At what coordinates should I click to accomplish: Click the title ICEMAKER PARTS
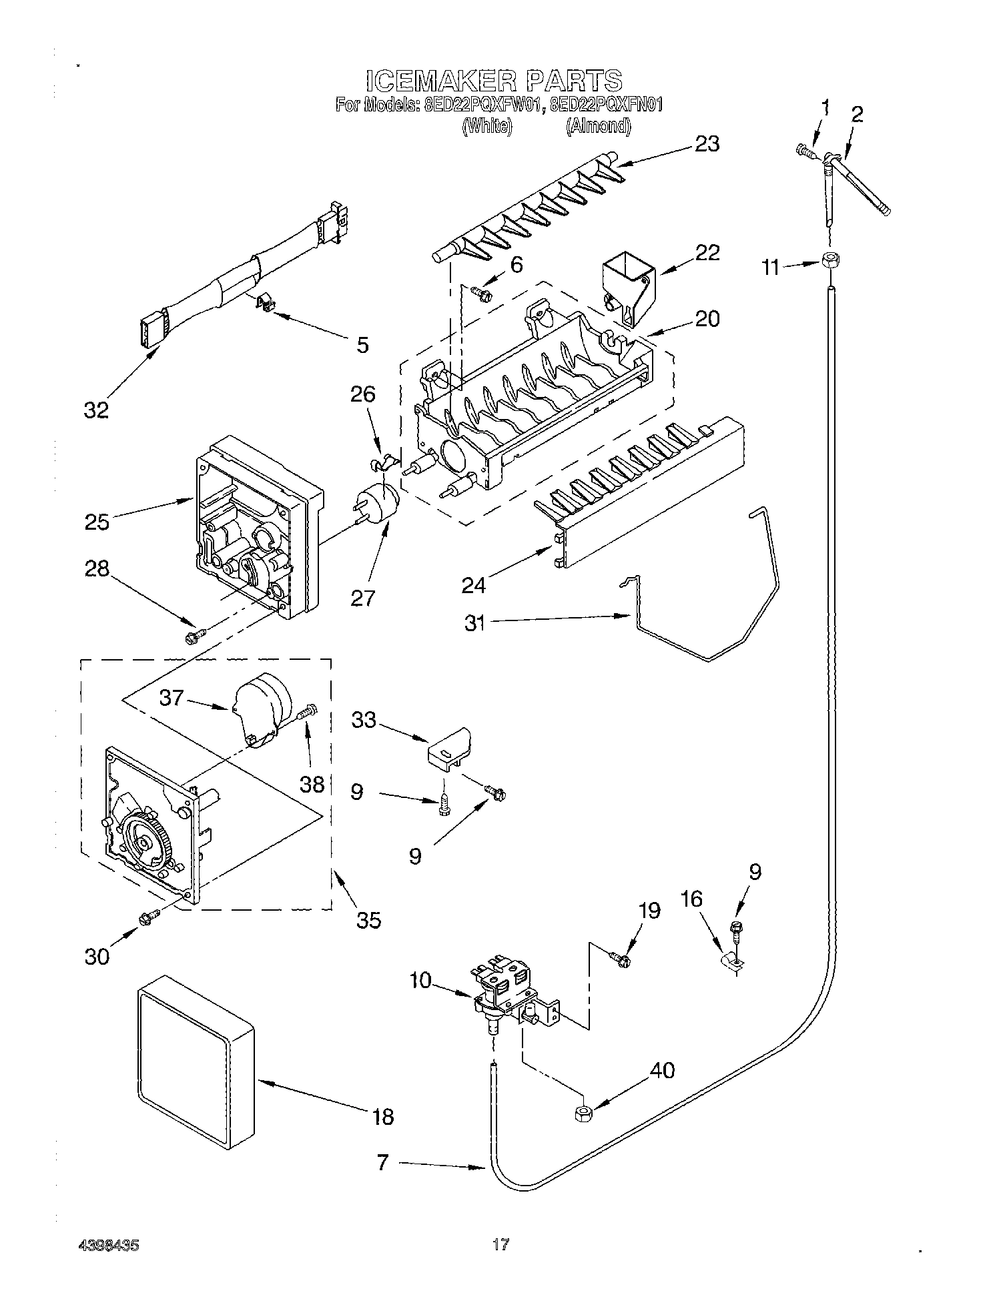[494, 80]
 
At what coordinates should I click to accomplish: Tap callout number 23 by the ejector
[707, 144]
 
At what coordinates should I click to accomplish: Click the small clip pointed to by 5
[267, 304]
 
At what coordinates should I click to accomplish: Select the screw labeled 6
[480, 292]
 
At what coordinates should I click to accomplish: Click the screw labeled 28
[194, 637]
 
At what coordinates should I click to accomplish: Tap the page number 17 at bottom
[500, 1244]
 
